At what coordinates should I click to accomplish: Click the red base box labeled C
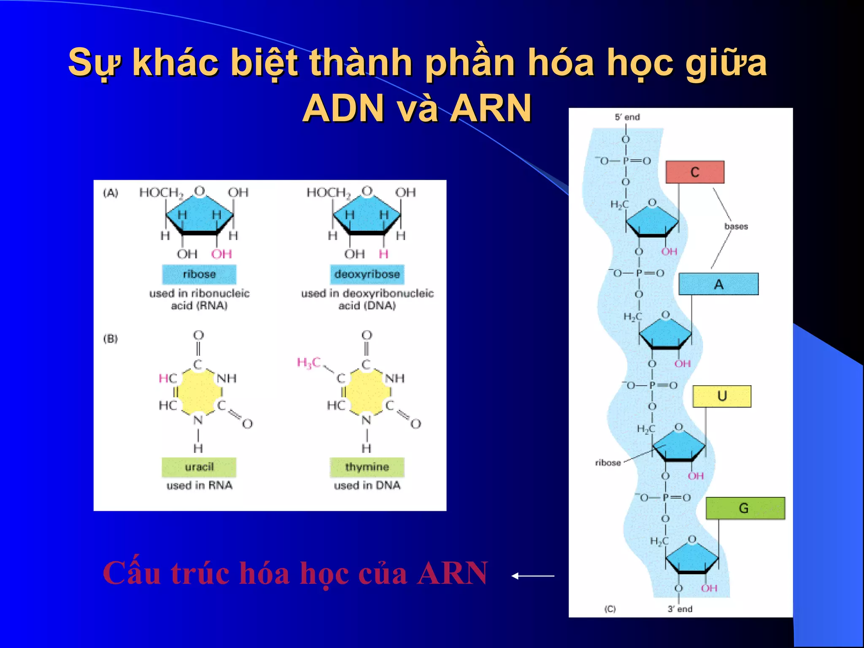(x=695, y=172)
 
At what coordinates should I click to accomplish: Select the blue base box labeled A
(x=718, y=284)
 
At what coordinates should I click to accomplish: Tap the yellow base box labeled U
(x=722, y=396)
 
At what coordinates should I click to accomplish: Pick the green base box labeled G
(x=745, y=508)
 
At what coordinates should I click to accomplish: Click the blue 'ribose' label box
(x=199, y=274)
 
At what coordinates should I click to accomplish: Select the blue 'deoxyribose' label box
(x=367, y=274)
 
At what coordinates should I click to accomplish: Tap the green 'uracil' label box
(x=199, y=467)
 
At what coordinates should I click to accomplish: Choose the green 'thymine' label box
(x=367, y=467)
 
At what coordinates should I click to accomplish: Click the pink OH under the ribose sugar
(x=221, y=254)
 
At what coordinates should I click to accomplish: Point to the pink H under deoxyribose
(x=383, y=254)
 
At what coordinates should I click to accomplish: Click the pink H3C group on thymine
(x=309, y=362)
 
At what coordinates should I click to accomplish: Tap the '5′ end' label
(x=627, y=117)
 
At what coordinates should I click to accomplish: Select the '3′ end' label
(x=680, y=609)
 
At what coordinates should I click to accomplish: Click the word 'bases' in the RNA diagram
(x=736, y=227)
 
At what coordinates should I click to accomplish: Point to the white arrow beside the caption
(x=533, y=575)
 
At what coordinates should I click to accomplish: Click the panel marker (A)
(x=111, y=193)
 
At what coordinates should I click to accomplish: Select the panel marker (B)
(x=111, y=339)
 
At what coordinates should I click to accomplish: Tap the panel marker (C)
(x=610, y=609)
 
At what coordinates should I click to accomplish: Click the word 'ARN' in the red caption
(x=453, y=573)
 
